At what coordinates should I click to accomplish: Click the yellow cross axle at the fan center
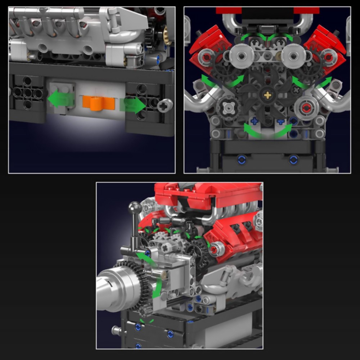pyautogui.click(x=267, y=95)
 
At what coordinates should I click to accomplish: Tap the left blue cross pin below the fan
pyautogui.click(x=254, y=121)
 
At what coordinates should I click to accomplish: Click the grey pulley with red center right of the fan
pyautogui.click(x=306, y=107)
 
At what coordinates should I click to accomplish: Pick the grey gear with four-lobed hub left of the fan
pyautogui.click(x=228, y=107)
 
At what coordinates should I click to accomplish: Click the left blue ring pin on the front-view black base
pyautogui.click(x=242, y=159)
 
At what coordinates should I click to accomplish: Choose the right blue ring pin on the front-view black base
pyautogui.click(x=293, y=159)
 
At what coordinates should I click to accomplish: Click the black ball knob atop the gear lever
pyautogui.click(x=135, y=207)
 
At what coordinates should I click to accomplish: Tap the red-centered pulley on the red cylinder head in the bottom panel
pyautogui.click(x=215, y=248)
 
